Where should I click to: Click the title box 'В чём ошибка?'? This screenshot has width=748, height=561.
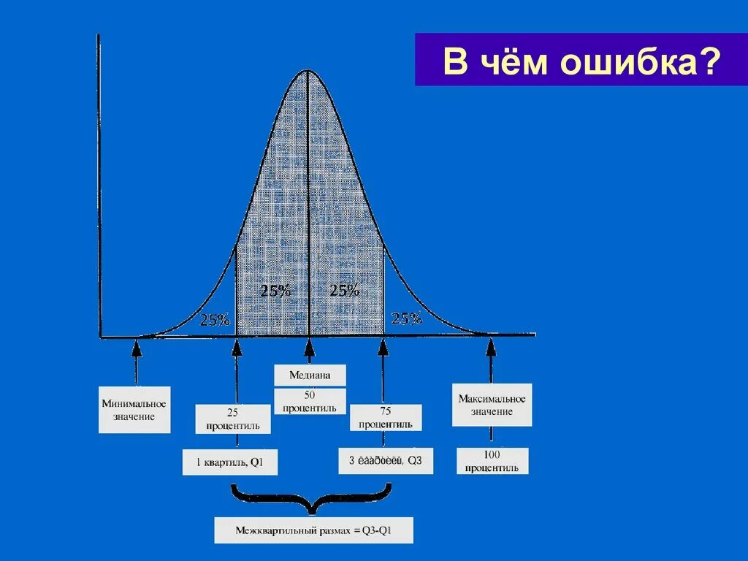pos(581,60)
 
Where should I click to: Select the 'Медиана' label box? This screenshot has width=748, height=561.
pos(309,375)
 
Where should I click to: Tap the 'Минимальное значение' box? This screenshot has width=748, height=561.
pos(134,410)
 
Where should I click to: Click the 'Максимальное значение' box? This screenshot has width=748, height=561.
pos(492,405)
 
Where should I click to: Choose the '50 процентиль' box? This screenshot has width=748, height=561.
pos(309,402)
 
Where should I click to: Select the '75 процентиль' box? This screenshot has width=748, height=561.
pos(385,418)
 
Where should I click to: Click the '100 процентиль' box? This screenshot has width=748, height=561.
pos(492,462)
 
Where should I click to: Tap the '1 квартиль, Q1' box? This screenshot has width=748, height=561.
pos(230,462)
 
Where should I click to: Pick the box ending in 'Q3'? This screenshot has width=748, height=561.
pos(386,461)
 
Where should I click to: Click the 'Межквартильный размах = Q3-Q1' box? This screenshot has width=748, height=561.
pos(313,530)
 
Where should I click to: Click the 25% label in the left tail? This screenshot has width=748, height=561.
pos(215,319)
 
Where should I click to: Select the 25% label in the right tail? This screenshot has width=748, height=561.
pos(407,318)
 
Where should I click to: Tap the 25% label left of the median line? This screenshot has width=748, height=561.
pos(275,290)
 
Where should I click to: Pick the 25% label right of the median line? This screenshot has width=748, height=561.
pos(343,290)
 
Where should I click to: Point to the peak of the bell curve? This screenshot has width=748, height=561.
pos(308,70)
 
